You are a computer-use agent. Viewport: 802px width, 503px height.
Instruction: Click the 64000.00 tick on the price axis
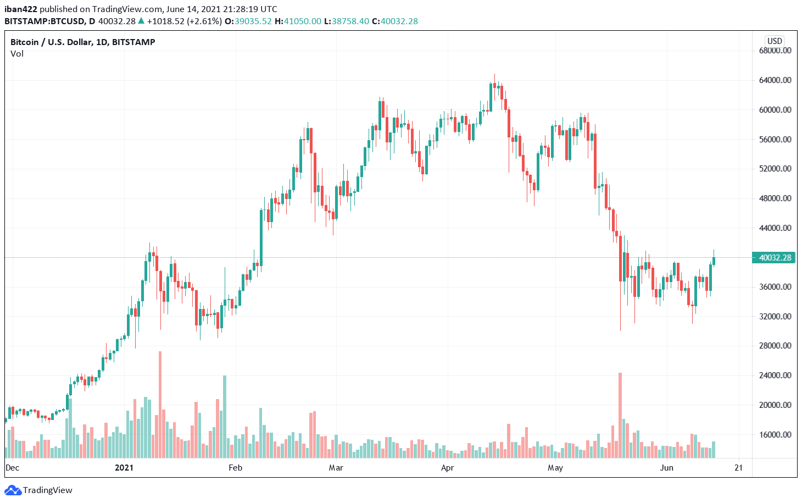click(775, 80)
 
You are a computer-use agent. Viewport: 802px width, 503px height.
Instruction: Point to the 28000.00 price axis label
click(775, 346)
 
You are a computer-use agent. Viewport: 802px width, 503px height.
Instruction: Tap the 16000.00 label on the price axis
click(775, 434)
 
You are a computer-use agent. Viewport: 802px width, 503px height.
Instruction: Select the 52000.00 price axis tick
click(775, 169)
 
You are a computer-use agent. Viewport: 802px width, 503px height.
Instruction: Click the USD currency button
click(775, 41)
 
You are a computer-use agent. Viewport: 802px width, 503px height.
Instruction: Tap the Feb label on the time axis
click(235, 468)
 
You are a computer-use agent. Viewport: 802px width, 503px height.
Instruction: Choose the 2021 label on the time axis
click(124, 468)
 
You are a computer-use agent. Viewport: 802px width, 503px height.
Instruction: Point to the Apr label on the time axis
click(448, 468)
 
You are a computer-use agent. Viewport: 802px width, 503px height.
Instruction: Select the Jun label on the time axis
click(666, 468)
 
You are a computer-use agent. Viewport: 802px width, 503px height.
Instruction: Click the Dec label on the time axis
click(12, 468)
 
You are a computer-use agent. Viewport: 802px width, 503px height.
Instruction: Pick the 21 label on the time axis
click(738, 468)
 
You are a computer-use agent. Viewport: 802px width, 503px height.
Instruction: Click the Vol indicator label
click(17, 54)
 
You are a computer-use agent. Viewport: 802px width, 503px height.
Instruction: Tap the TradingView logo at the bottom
click(41, 490)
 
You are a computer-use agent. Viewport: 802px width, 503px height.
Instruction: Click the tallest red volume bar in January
click(160, 405)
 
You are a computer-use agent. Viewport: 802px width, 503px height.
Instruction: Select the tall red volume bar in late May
click(620, 415)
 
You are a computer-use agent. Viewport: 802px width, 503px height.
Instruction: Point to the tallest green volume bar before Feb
click(225, 417)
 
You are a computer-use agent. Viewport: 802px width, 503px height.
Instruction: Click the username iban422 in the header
click(20, 9)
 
